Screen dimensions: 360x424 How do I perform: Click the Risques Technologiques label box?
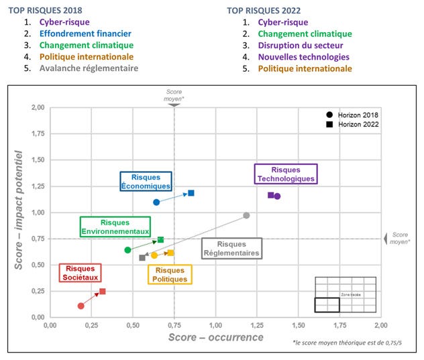(285, 174)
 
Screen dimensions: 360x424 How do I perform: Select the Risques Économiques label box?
(146, 181)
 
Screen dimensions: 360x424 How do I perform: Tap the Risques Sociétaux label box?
(80, 272)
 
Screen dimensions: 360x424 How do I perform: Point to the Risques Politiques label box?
(169, 274)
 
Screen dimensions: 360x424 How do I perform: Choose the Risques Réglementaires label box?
(231, 249)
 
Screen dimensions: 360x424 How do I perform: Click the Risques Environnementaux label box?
(115, 227)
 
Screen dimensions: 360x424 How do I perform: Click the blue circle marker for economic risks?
(156, 202)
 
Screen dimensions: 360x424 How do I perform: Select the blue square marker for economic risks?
(191, 193)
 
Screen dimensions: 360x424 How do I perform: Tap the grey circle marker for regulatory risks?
(246, 215)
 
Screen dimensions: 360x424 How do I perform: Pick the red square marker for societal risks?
(102, 292)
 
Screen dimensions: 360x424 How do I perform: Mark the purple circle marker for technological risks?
(277, 196)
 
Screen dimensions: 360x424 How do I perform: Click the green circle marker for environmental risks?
(127, 250)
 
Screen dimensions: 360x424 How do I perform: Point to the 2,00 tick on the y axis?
(36, 108)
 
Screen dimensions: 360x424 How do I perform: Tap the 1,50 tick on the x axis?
(297, 325)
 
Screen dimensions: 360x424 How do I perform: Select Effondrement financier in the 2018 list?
(85, 33)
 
